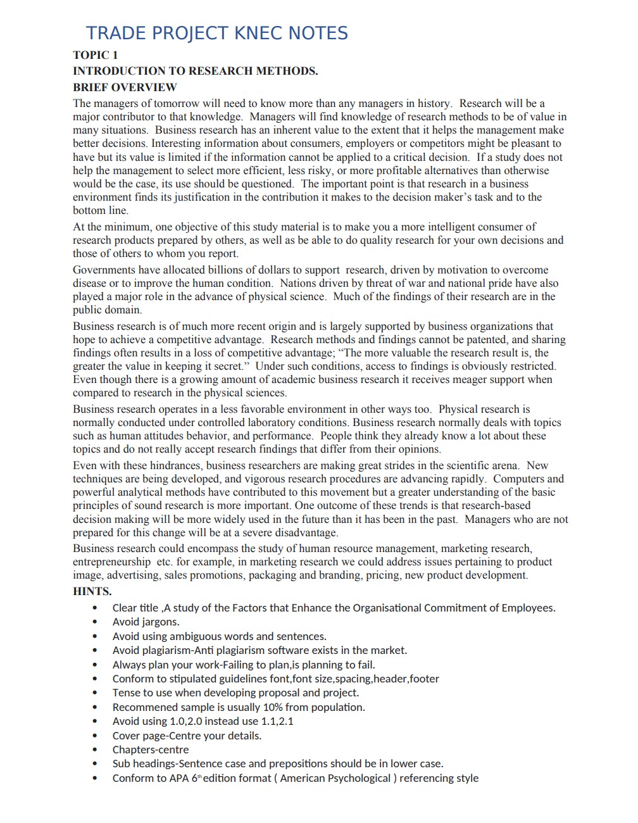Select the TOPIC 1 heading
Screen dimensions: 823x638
coord(96,55)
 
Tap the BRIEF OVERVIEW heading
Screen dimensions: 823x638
coord(125,87)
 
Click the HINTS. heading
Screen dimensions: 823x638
coord(92,591)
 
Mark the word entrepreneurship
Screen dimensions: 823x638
coord(111,562)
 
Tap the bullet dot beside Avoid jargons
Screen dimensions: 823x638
coord(95,622)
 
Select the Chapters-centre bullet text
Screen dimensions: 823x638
coord(151,750)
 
